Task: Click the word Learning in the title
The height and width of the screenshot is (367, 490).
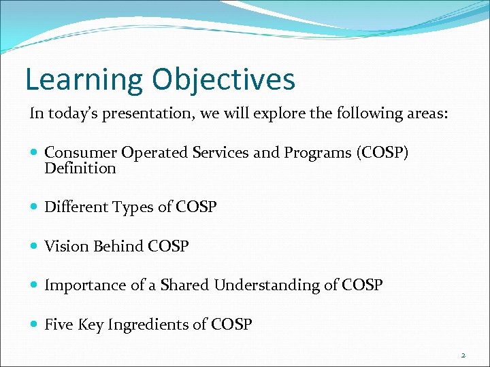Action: point(84,80)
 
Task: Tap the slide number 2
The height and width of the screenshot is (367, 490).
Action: point(462,355)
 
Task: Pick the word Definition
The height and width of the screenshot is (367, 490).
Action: point(80,168)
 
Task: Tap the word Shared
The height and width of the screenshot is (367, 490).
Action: point(184,285)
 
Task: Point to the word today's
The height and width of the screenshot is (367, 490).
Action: point(68,113)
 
